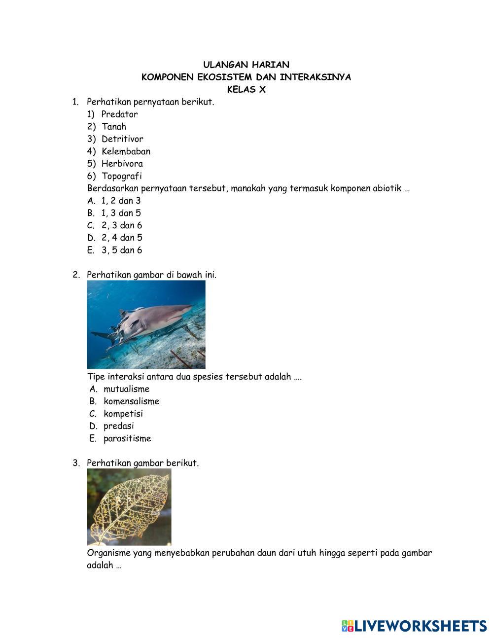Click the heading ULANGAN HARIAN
click(246, 65)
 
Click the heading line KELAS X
click(246, 90)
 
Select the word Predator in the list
click(120, 114)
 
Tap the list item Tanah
click(114, 127)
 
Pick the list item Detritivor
click(122, 139)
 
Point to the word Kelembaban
click(126, 151)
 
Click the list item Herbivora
click(122, 164)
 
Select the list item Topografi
click(122, 176)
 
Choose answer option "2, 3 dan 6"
click(122, 225)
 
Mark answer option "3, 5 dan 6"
click(122, 250)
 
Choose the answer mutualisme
click(126, 389)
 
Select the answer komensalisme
click(131, 401)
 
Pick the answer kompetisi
click(123, 414)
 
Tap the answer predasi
click(119, 426)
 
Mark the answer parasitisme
click(127, 438)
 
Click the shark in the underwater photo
click(148, 320)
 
